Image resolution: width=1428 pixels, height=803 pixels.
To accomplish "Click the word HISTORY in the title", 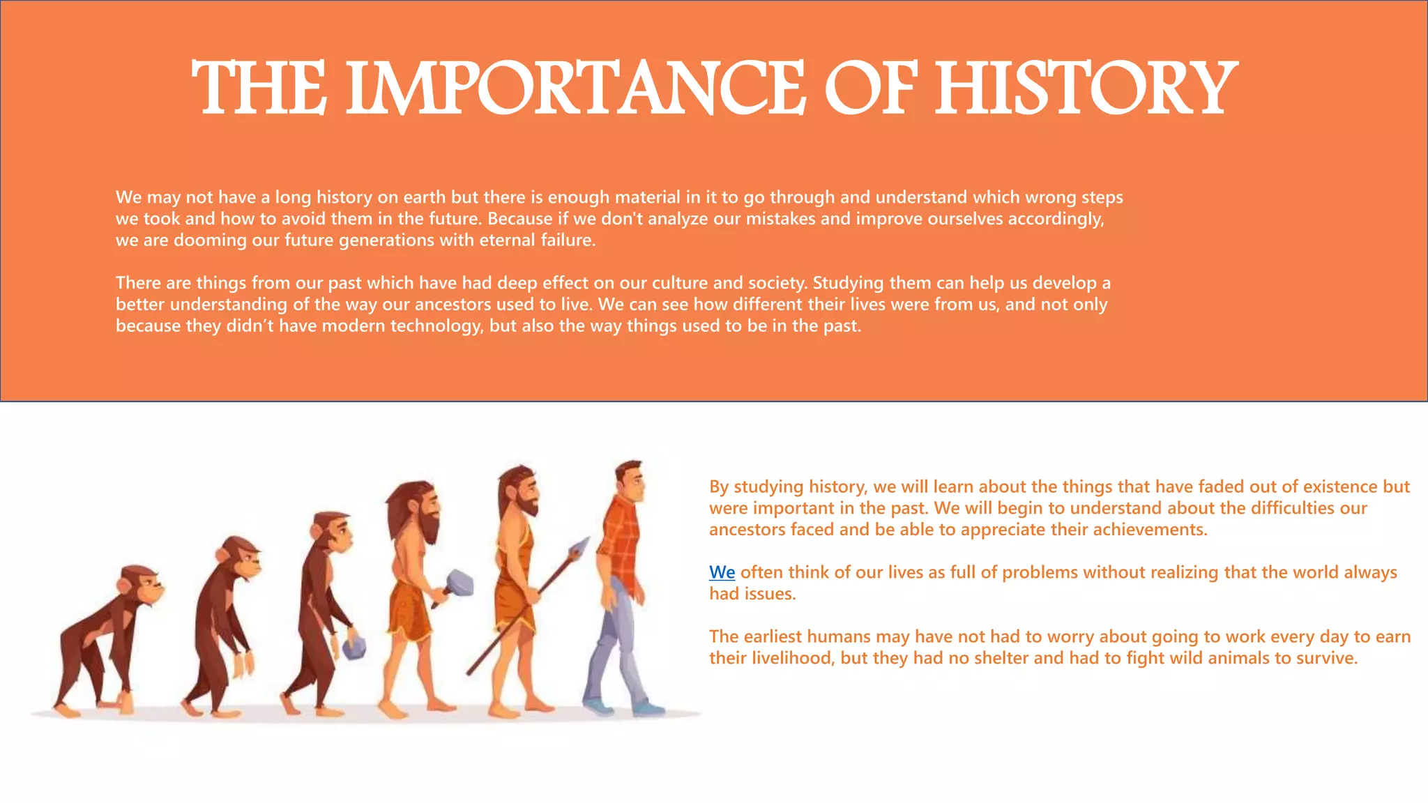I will pos(1085,89).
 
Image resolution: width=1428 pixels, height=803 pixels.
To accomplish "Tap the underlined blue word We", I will pos(722,572).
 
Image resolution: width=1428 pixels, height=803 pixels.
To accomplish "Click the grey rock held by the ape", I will pos(354,648).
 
